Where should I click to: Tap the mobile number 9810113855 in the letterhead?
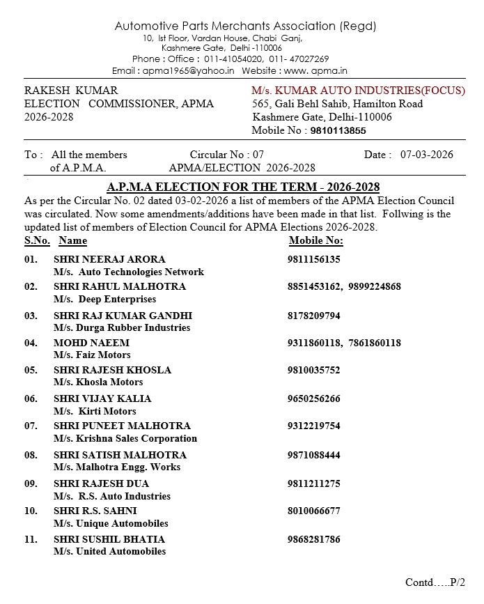pos(338,130)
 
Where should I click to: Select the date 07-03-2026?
pos(426,155)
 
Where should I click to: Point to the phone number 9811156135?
pos(313,259)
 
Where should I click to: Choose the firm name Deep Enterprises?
pos(117,299)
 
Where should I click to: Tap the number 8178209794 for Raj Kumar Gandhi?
pos(313,316)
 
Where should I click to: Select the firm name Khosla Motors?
pos(110,382)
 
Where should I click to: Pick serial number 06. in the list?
pos(31,398)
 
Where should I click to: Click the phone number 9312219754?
pos(313,426)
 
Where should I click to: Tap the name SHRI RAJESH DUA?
pos(101,483)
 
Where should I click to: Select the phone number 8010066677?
pos(313,511)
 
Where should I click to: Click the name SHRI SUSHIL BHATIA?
pos(109,539)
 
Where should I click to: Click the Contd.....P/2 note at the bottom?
pos(435,582)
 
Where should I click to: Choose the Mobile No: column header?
pos(315,240)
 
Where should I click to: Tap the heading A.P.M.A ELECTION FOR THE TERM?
pos(243,187)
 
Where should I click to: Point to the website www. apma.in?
pos(315,71)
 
